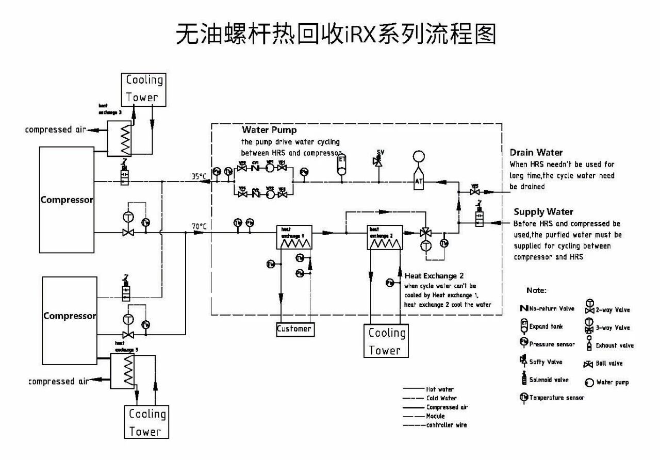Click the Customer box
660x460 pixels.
pos(294,329)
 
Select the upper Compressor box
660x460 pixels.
pos(67,199)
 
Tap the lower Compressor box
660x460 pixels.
pos(70,315)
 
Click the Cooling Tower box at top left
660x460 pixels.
pos(144,89)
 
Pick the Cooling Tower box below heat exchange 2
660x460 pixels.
pos(386,341)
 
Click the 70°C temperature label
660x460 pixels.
pos(199,226)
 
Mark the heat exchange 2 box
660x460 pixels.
pos(384,237)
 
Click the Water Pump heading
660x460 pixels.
pos(269,130)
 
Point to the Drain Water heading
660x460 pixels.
pos(536,153)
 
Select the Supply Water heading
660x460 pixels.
pos(543,212)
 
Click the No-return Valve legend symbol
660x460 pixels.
pos(524,309)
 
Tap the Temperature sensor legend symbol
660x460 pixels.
pos(524,397)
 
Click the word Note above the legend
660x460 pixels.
pos(536,291)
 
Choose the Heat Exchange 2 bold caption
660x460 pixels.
pos(434,276)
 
